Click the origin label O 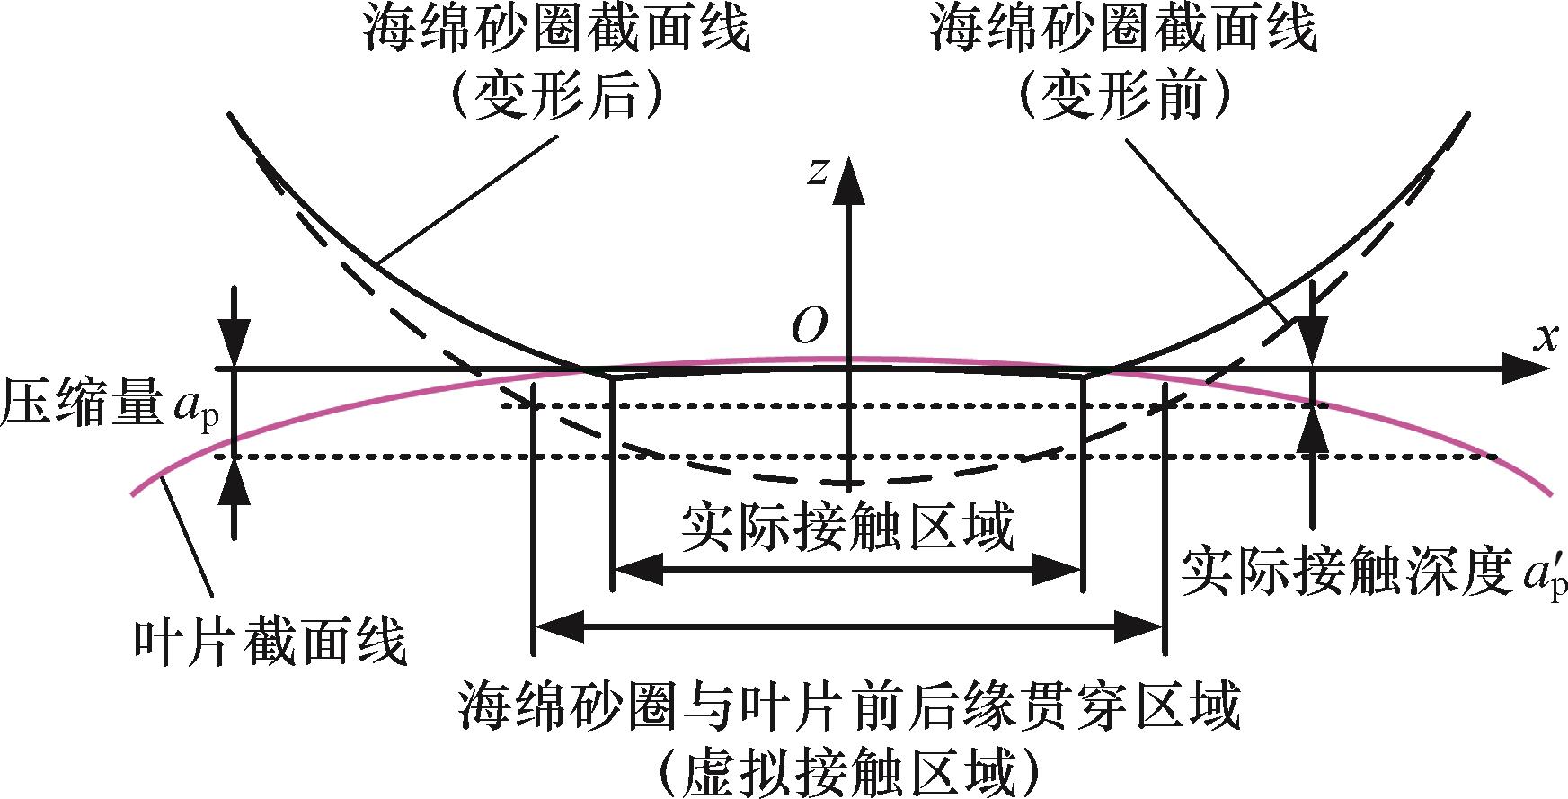[x=809, y=328]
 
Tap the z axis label [x=817, y=170]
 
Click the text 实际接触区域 [x=846, y=526]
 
